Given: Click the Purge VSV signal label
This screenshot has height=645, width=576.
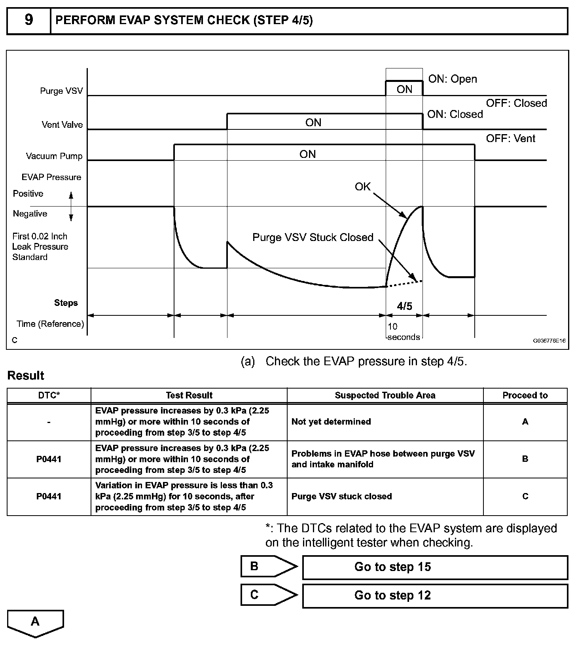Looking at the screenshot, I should click(x=61, y=91).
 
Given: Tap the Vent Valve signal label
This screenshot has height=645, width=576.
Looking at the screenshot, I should click(x=62, y=125).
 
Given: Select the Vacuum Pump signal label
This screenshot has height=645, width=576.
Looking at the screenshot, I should click(x=54, y=156).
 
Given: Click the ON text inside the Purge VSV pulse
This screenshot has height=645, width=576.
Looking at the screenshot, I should click(x=404, y=89).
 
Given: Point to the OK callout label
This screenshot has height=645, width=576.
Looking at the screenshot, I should click(x=362, y=187).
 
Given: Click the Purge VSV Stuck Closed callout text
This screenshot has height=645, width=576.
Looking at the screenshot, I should click(x=313, y=237).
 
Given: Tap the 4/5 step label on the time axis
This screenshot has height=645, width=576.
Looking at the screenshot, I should click(x=404, y=306).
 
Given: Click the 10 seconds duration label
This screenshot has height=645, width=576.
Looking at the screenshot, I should click(x=403, y=332).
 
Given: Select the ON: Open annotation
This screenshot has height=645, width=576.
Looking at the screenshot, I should click(x=453, y=79).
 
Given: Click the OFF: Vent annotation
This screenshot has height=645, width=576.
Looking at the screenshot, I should click(x=510, y=138).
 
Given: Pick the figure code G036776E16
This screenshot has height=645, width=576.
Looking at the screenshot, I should click(x=549, y=340).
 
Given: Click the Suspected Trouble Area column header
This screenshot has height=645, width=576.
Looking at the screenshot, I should click(x=385, y=395).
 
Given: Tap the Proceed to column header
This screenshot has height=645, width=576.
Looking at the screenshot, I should click(x=525, y=395).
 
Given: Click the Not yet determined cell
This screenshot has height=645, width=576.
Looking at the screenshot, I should click(x=331, y=422).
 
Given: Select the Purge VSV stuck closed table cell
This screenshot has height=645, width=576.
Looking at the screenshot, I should click(x=341, y=497).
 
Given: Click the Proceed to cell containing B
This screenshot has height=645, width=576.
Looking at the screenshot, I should click(x=525, y=459).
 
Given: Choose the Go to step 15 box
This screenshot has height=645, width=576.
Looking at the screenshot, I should click(x=435, y=567).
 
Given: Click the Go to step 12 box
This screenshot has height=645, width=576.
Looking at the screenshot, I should click(x=435, y=596).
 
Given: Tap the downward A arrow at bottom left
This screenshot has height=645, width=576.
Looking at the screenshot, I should click(x=35, y=623).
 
